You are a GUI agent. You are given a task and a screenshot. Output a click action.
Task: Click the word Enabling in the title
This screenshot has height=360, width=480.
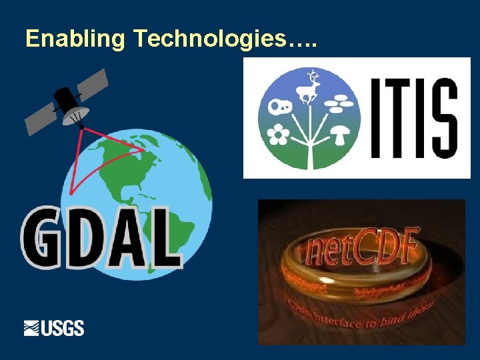pos(74,39)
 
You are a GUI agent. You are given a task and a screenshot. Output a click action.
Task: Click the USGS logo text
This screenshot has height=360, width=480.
pos(63,328)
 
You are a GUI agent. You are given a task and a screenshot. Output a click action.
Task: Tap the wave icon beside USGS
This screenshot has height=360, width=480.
pos(32,328)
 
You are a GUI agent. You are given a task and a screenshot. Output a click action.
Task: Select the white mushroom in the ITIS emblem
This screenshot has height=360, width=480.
pos(341,136)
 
